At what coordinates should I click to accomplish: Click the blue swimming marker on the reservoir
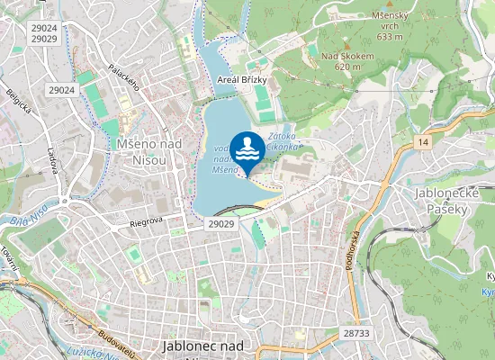coord(247,149)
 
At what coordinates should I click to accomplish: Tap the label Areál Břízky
coord(242,80)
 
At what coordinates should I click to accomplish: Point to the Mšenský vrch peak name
coord(389,15)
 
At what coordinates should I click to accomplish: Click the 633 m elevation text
coord(389,36)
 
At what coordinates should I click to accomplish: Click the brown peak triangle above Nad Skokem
coord(346,44)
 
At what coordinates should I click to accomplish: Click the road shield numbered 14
coord(423,142)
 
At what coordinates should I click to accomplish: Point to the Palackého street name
coord(123,77)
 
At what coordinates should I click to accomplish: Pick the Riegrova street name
coord(146,219)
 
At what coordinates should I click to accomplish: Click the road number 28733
coord(356,333)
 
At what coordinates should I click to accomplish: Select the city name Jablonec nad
coord(203,346)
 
